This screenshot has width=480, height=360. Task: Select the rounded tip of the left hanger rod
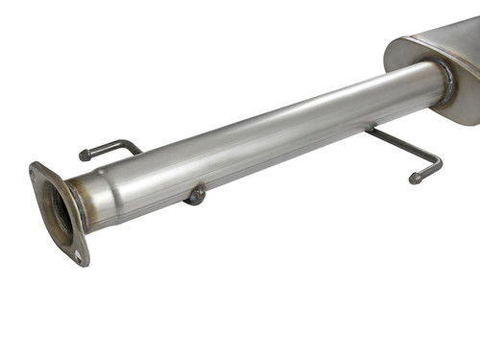[x=84, y=155]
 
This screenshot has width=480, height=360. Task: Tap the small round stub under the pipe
[x=196, y=195]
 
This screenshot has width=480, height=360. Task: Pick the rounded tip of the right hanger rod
[x=416, y=178]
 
